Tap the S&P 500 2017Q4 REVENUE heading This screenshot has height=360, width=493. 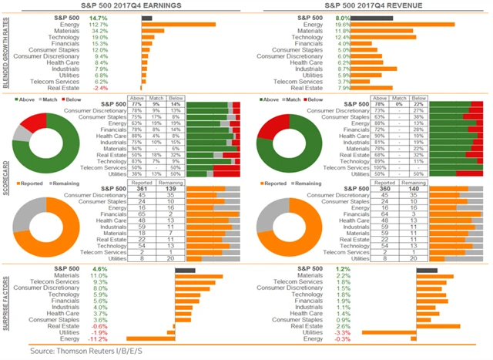click(371, 7)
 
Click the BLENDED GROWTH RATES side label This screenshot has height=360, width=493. click(6, 52)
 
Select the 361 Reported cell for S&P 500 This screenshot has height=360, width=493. click(143, 188)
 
